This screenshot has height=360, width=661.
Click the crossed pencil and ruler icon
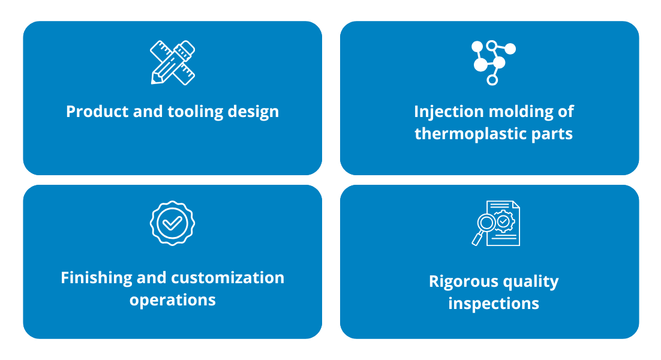click(x=172, y=62)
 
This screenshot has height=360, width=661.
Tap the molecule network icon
click(x=493, y=63)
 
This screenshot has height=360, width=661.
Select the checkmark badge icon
click(x=172, y=223)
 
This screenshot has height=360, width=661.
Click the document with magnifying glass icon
click(x=495, y=223)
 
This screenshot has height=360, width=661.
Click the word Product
click(x=97, y=112)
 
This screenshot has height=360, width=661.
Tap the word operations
click(x=172, y=301)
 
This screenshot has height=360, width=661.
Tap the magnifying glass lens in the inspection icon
click(x=486, y=223)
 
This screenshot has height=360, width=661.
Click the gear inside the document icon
click(x=503, y=221)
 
